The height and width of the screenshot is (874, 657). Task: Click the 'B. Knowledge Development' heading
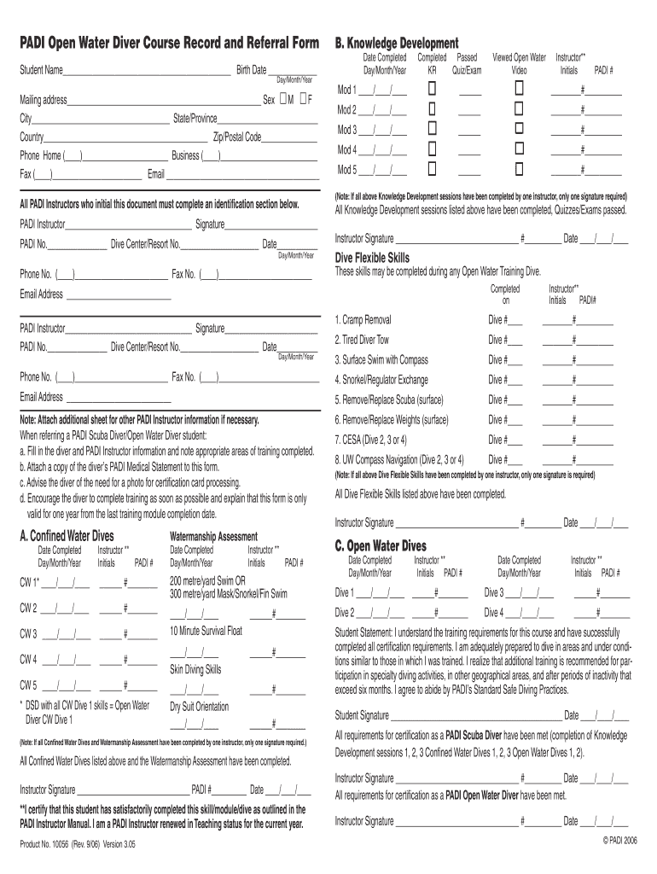[397, 43]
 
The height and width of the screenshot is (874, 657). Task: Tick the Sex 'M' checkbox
[284, 99]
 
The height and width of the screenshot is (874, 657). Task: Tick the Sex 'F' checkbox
[303, 99]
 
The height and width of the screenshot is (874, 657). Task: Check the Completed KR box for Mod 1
[433, 90]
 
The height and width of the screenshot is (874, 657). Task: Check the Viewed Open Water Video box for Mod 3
[519, 129]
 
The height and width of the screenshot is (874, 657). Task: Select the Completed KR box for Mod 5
[433, 168]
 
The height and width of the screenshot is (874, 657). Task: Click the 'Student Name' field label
[41, 69]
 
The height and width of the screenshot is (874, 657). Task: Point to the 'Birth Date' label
[251, 69]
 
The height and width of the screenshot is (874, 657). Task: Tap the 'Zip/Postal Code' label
[237, 137]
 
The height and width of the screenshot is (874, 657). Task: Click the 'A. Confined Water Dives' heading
[66, 535]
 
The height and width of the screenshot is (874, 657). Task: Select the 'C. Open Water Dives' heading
[381, 545]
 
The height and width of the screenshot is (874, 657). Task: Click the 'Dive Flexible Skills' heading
[372, 258]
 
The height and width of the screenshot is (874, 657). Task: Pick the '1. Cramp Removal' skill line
[363, 320]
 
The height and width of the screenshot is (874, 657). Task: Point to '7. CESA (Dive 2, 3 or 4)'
[371, 440]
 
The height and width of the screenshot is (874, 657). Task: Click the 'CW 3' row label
[28, 633]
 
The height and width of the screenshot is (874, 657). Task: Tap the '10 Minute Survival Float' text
[206, 631]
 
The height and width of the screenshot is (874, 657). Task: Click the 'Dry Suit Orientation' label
[199, 707]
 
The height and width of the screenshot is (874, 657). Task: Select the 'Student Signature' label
[363, 715]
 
